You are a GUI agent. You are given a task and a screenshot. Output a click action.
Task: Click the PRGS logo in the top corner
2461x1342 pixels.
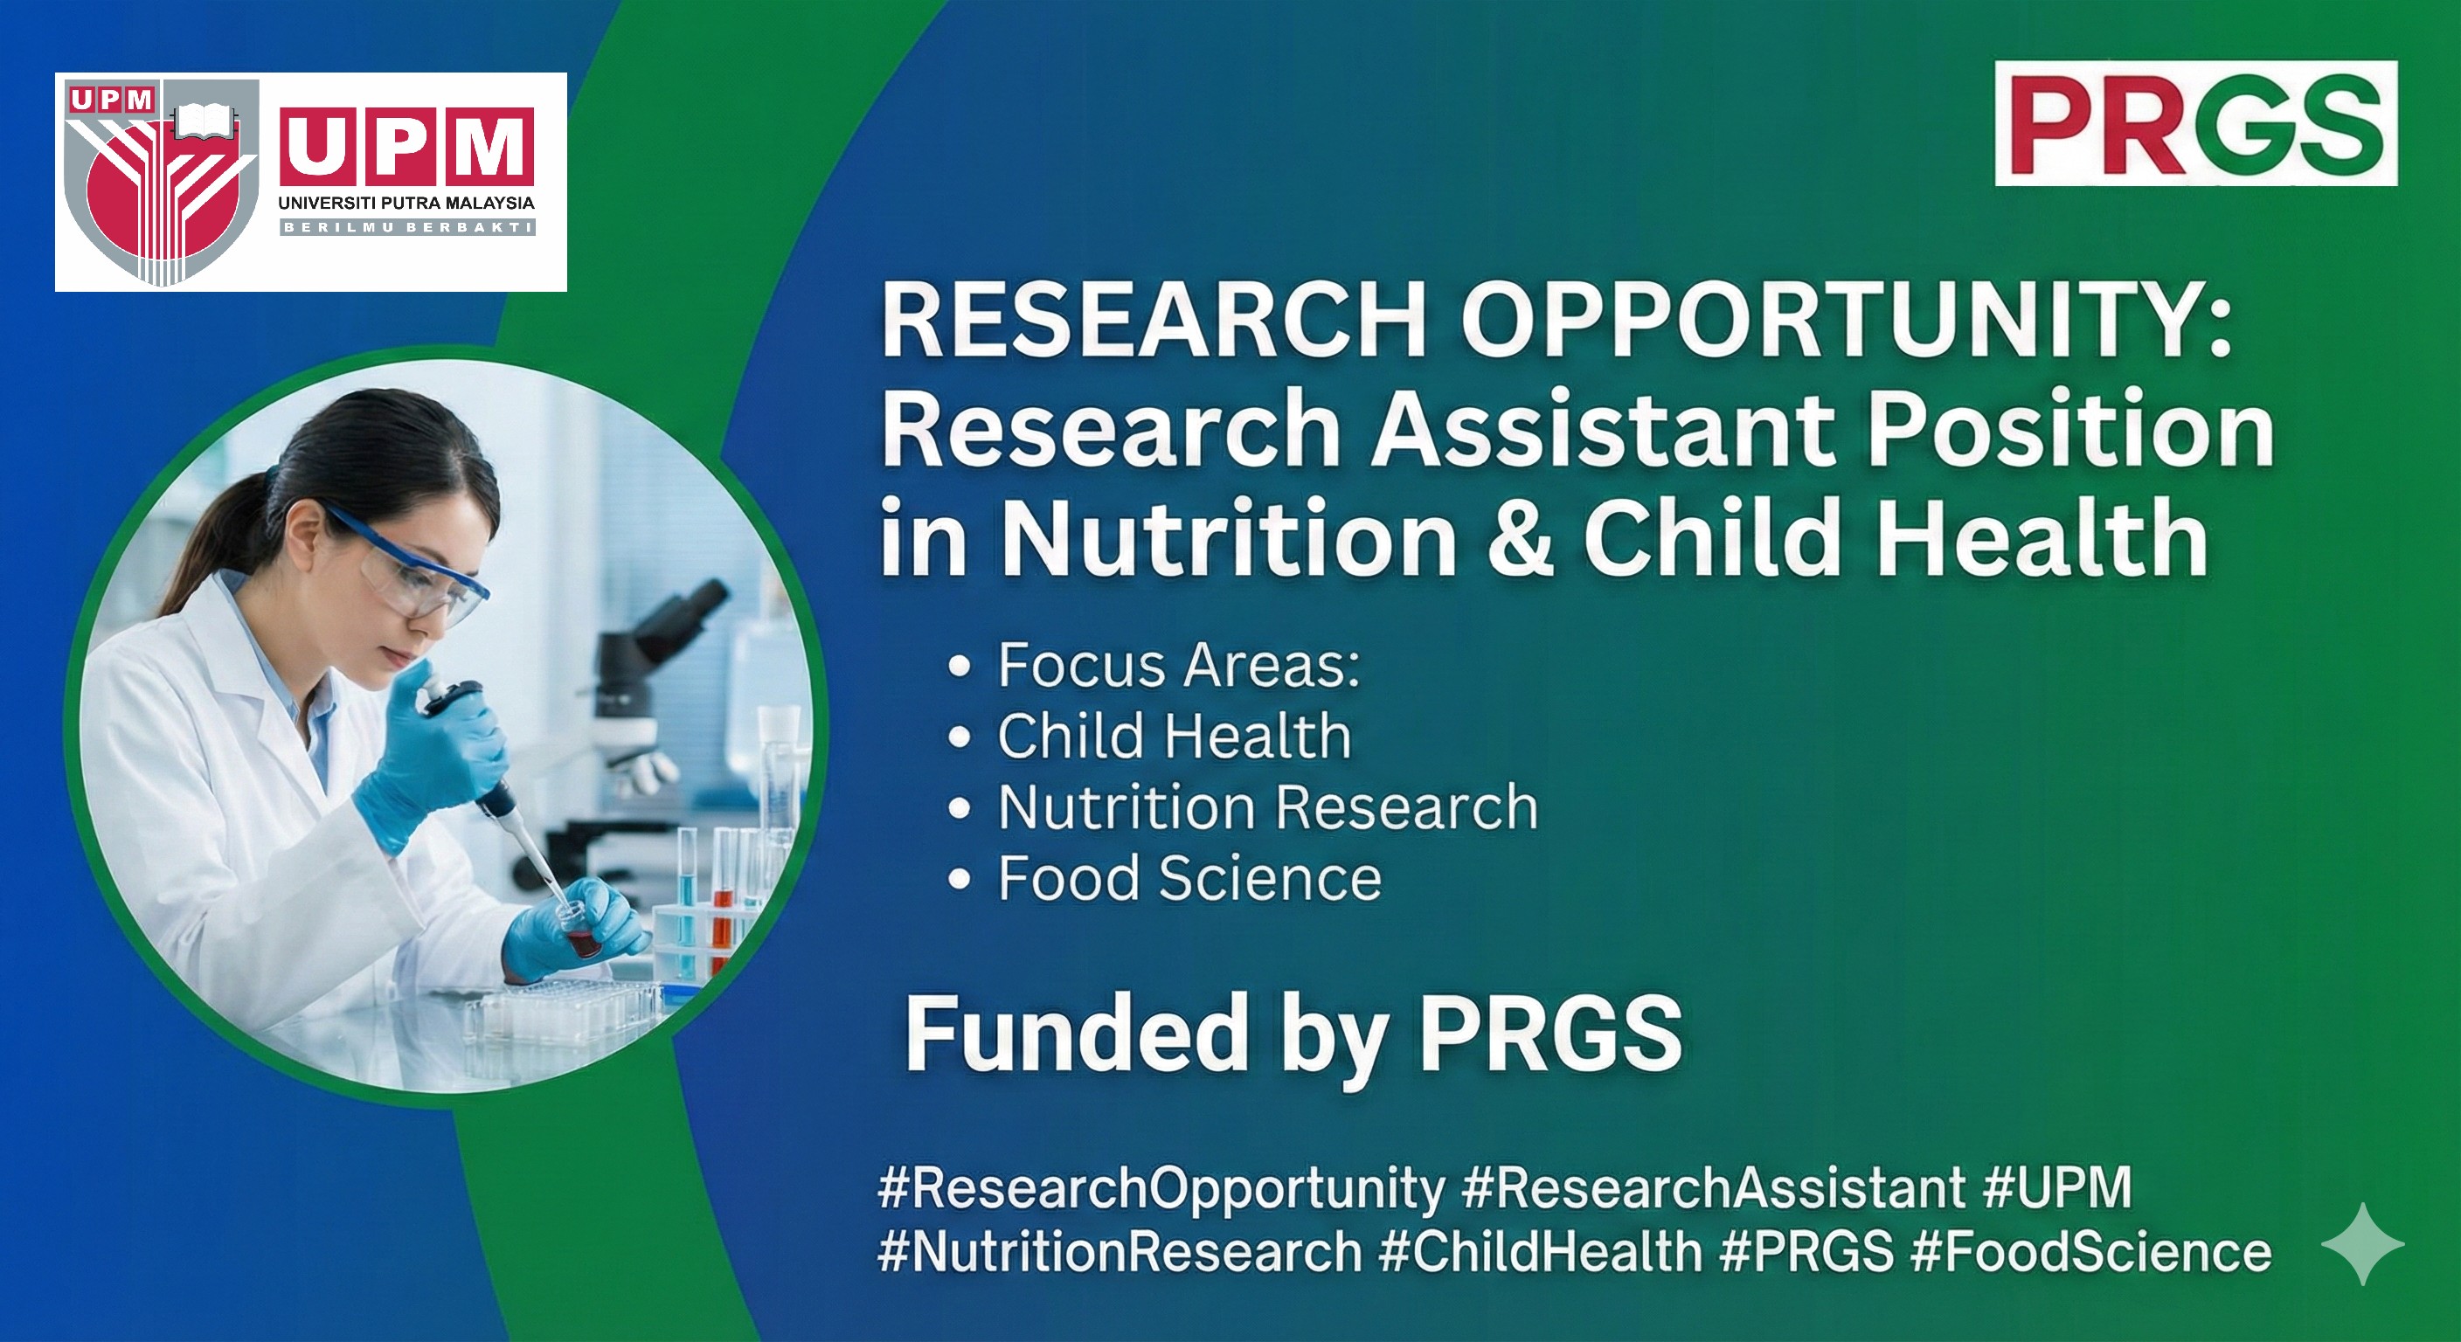click(2195, 123)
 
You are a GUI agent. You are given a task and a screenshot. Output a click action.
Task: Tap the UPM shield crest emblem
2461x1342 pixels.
click(161, 183)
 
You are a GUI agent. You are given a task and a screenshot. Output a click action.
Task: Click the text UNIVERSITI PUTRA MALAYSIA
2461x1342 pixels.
click(406, 204)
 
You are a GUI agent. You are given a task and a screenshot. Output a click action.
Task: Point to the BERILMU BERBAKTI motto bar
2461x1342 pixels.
click(406, 227)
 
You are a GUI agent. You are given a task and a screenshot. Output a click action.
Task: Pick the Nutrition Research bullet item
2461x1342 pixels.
click(1268, 807)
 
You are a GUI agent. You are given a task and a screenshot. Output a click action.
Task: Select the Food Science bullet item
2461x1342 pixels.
click(1189, 879)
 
